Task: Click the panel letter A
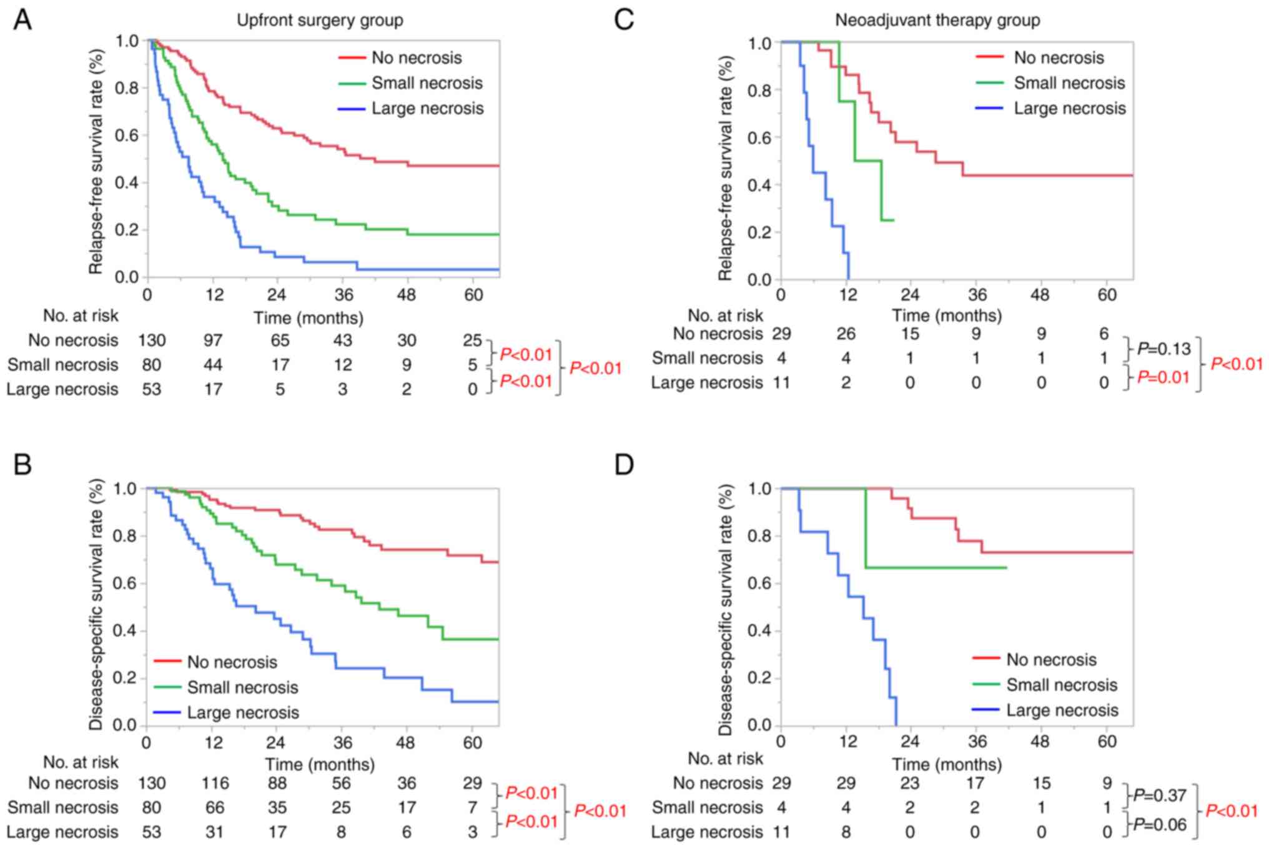point(22,20)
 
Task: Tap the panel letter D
point(624,465)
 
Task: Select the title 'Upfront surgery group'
point(320,21)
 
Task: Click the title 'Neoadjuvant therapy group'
point(937,21)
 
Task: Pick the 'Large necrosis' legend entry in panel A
point(427,109)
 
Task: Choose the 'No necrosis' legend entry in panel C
point(1059,58)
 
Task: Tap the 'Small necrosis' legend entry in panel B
point(242,688)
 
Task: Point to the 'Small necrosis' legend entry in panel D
point(1061,685)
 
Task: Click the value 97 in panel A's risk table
point(213,340)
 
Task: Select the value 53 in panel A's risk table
point(151,390)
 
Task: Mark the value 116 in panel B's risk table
point(215,783)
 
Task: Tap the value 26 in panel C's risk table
point(846,334)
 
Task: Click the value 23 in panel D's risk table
point(910,783)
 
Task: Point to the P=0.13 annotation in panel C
point(1163,349)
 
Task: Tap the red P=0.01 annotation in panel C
point(1163,377)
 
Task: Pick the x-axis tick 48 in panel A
point(407,294)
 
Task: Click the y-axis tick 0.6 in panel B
point(125,584)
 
